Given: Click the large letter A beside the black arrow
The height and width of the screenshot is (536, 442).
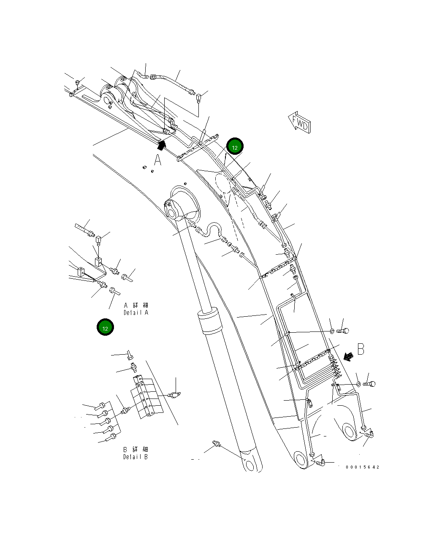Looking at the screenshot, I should click(157, 160).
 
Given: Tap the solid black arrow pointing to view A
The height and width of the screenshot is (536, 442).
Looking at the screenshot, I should click(161, 145).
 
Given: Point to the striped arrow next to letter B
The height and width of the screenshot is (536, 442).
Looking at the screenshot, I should click(349, 357).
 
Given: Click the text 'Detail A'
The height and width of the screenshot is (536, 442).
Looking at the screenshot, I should click(136, 312).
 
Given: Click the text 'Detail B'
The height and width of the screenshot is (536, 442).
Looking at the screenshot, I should click(136, 457).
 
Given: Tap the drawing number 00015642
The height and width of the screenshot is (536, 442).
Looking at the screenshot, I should click(362, 467).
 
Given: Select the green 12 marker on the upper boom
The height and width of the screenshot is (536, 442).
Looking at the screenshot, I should click(235, 147).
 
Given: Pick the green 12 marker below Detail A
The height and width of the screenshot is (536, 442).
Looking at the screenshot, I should click(105, 328).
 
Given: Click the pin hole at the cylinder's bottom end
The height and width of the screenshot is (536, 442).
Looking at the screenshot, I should click(250, 465).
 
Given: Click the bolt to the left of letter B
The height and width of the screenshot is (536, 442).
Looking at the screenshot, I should click(343, 331).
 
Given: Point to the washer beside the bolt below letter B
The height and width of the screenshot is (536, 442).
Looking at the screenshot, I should click(358, 384).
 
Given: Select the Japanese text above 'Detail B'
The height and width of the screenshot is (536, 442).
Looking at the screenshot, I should click(136, 449).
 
